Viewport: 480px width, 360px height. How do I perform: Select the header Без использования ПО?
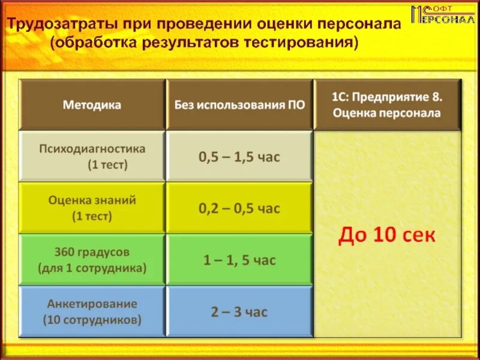(x=239, y=105)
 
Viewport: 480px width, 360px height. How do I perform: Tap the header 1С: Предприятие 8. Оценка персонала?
(x=387, y=104)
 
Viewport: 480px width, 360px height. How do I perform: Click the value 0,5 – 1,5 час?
(x=239, y=157)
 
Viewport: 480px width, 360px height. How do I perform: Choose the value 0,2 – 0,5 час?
(x=239, y=208)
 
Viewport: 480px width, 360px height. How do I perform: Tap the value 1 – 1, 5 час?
(x=239, y=260)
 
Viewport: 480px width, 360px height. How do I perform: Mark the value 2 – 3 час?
(x=239, y=311)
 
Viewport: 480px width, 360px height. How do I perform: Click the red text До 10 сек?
(x=387, y=235)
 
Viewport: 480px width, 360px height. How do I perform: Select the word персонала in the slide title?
(x=353, y=25)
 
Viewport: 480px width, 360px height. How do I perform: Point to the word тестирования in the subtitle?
(x=301, y=43)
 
